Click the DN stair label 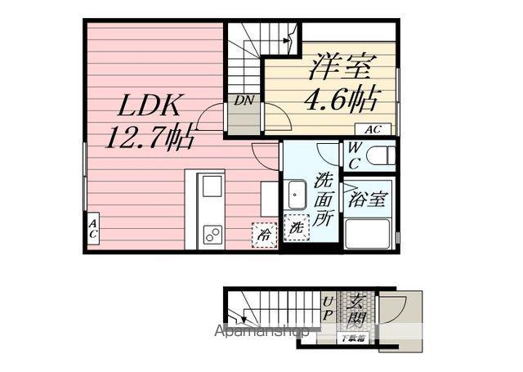click(x=243, y=101)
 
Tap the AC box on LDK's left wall click(x=93, y=229)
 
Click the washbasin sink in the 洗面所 click(x=297, y=196)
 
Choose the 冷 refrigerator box click(x=264, y=234)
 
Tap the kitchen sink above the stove click(x=212, y=187)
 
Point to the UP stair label click(x=327, y=307)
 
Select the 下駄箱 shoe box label click(x=355, y=338)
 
